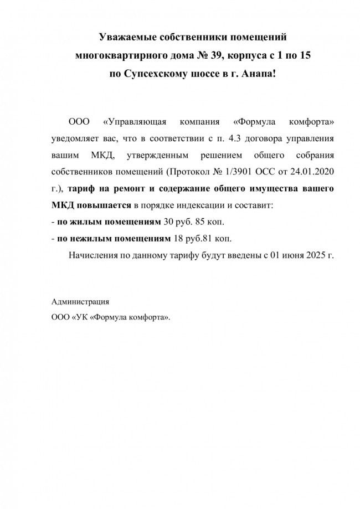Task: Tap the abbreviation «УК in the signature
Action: click(x=80, y=318)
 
